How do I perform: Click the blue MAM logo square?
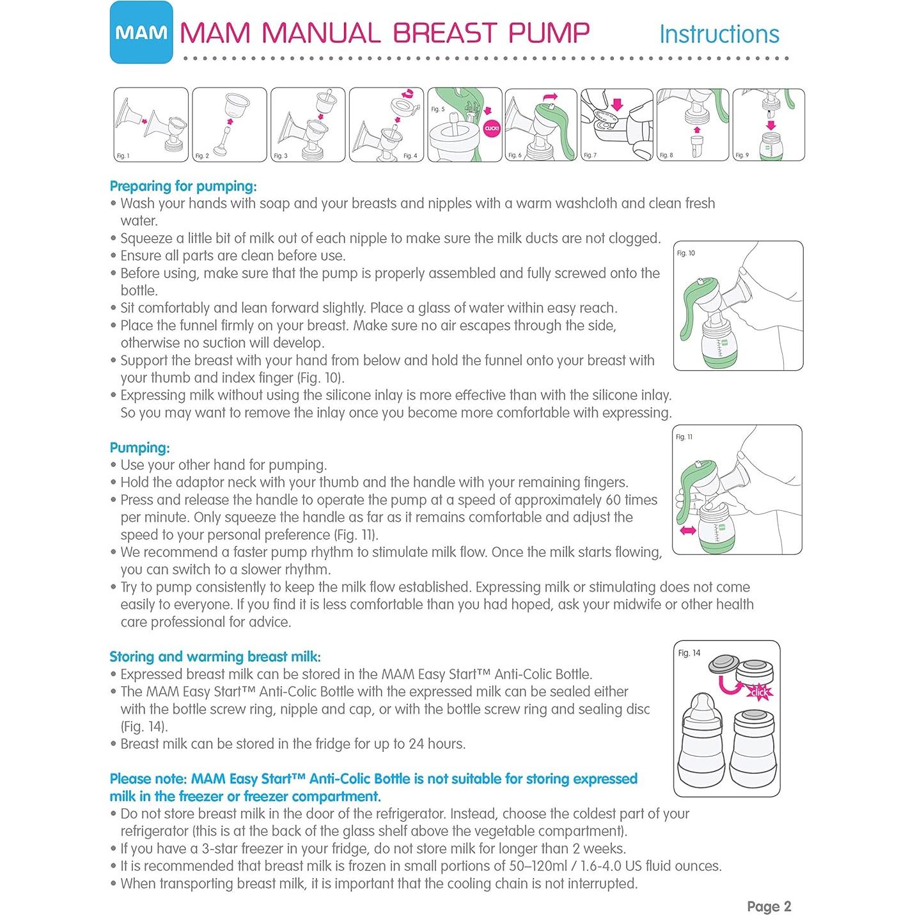141,32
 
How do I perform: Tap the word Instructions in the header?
719,34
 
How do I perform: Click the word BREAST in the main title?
444,33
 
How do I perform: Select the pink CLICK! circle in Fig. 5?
492,129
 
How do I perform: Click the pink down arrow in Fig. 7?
617,104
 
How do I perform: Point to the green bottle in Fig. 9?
770,146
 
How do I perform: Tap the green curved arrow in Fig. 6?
551,97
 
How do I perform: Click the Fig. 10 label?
685,253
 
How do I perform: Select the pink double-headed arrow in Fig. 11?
688,531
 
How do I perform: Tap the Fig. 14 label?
689,653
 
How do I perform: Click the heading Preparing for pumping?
183,186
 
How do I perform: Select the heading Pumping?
139,448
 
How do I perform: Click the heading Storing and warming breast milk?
215,657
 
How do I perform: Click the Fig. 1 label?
123,156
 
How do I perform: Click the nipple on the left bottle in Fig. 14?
702,704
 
